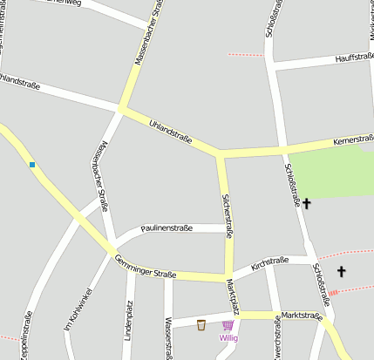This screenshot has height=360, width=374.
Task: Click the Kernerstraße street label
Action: pyautogui.click(x=353, y=140)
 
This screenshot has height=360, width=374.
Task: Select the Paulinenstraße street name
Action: pyautogui.click(x=167, y=228)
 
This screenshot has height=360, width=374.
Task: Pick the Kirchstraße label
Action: pyautogui.click(x=269, y=262)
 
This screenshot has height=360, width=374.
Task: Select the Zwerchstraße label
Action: pyautogui.click(x=277, y=340)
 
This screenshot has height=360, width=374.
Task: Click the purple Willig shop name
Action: pyautogui.click(x=228, y=337)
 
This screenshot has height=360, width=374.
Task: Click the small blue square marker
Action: pyautogui.click(x=32, y=164)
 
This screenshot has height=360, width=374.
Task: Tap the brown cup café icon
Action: pyautogui.click(x=201, y=325)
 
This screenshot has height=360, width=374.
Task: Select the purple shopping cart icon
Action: pyautogui.click(x=228, y=326)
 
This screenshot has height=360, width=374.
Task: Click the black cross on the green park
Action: pyautogui.click(x=306, y=202)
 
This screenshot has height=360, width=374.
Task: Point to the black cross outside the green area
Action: pyautogui.click(x=341, y=272)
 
